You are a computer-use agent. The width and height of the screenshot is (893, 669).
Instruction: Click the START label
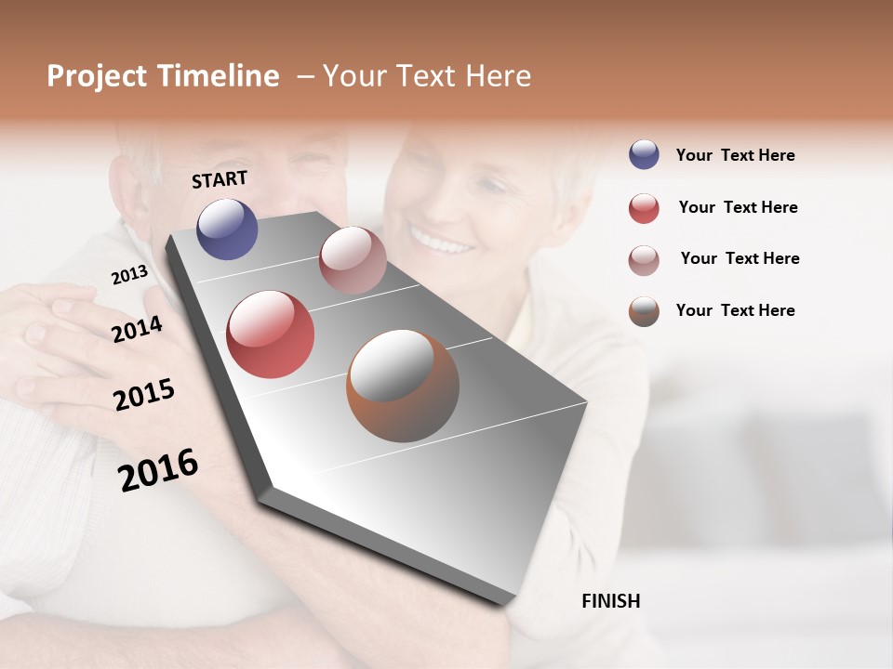pos(220,179)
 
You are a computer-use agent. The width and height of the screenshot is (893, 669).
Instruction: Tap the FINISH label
pos(611,601)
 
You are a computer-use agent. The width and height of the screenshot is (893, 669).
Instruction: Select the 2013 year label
pos(129,275)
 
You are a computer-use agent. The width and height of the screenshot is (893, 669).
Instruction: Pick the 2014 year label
pos(137,329)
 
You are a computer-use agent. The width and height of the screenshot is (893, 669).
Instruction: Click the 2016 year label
pos(158,470)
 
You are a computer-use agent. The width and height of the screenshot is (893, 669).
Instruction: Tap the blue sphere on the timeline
pos(227,229)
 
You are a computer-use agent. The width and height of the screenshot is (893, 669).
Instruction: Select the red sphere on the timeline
pos(271,334)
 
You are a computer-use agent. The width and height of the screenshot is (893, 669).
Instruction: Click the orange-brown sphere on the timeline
pos(403,386)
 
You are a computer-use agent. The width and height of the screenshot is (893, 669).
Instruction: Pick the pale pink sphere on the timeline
pos(353,260)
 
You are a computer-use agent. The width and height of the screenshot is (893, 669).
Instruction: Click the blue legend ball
pos(644,155)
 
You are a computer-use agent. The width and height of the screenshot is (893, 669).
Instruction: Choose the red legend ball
pos(644,208)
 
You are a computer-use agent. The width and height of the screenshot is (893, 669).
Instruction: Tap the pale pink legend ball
pos(644,259)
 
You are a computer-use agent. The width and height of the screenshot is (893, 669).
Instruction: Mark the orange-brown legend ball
pos(644,311)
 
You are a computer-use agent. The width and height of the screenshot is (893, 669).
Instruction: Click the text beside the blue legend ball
pos(735,156)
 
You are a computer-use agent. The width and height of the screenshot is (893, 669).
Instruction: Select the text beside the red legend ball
pos(738,208)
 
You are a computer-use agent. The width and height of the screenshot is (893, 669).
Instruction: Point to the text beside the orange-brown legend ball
pos(735,310)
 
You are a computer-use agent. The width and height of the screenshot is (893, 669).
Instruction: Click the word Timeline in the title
pos(218,76)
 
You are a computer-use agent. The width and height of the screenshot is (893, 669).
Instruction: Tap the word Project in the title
pos(98,77)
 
